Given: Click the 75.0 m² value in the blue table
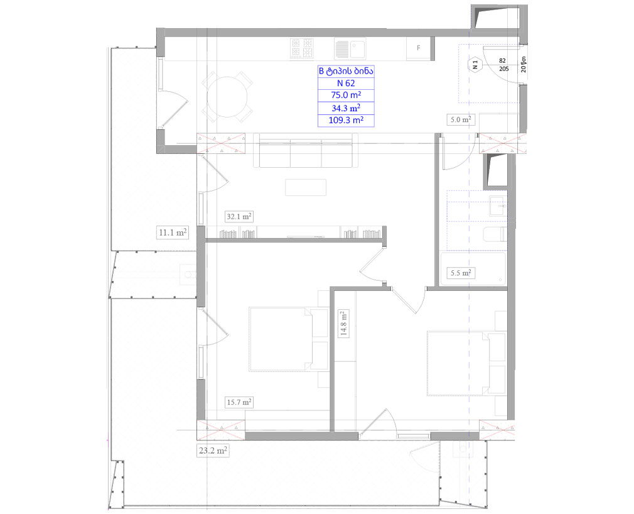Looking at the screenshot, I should (x=347, y=95).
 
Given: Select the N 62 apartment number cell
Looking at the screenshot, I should (x=347, y=83).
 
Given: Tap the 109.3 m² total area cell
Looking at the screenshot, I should (x=347, y=120).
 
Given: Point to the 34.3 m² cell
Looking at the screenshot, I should (x=347, y=107).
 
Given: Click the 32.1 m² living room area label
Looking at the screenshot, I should (x=239, y=217).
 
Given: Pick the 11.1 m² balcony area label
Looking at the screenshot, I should (x=172, y=232).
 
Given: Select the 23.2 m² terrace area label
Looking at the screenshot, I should (x=212, y=451).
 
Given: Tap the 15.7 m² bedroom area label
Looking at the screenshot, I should (x=239, y=402).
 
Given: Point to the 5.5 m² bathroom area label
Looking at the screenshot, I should (x=460, y=273).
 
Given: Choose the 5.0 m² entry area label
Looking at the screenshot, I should (x=460, y=119).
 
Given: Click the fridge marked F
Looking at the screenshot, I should (x=419, y=48).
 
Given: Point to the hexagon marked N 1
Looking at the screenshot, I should (x=475, y=63).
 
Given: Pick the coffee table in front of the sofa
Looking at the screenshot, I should (x=306, y=187).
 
